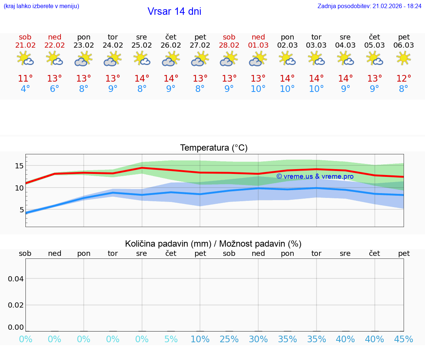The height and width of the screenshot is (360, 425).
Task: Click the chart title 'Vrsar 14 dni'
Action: coord(174,11)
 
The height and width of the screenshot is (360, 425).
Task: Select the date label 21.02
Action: coord(25,45)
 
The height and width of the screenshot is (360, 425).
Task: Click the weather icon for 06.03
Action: coord(404,58)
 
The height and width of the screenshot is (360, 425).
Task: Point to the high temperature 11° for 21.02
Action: coord(25,79)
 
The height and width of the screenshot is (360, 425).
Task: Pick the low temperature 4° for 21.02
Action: coord(25,89)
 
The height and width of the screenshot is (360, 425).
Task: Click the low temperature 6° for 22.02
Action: coord(54,89)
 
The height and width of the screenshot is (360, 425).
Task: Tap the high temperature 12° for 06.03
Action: coord(404,79)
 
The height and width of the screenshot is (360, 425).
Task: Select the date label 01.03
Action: coord(258,45)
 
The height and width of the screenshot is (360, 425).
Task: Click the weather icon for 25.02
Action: coord(142,58)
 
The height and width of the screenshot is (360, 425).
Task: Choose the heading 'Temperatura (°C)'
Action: coord(214,148)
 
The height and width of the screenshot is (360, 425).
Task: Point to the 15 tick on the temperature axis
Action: coord(19,166)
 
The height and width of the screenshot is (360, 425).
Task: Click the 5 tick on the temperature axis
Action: coord(21,210)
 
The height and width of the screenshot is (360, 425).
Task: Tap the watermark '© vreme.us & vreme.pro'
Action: coord(315,176)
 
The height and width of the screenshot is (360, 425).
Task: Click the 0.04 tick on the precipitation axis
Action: coord(16,279)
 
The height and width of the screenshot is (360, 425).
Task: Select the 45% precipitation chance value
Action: coord(404,339)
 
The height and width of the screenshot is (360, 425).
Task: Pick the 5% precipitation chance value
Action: coord(171,339)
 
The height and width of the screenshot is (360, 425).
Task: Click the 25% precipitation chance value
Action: coord(229,339)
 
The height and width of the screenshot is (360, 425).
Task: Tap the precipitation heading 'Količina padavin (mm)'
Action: coord(168,244)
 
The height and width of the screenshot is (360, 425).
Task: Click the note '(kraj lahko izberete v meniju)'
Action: coord(41,6)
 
